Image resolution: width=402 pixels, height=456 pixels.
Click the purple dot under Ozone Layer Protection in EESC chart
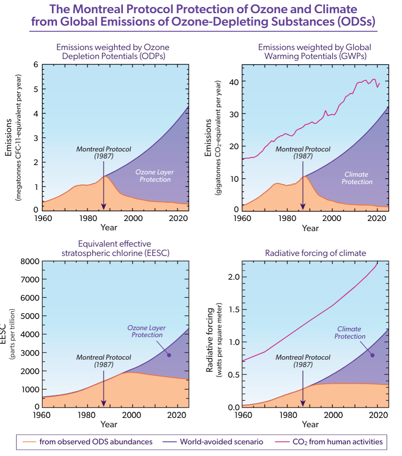click(x=169, y=355)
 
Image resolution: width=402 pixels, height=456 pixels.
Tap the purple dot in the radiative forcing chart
click(x=372, y=355)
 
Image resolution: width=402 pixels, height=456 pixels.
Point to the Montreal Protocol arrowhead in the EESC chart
click(x=104, y=403)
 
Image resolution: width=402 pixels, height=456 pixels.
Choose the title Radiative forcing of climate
click(x=315, y=254)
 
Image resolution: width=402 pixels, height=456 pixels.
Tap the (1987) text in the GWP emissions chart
click(x=302, y=156)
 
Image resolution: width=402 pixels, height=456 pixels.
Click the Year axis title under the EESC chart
click(x=109, y=425)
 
